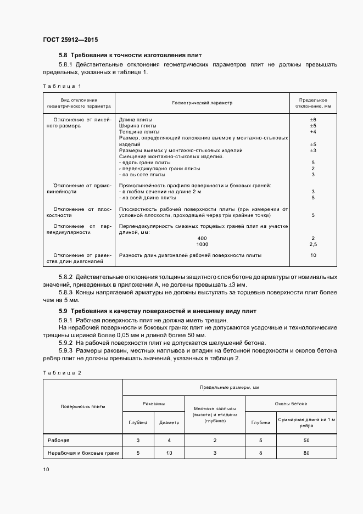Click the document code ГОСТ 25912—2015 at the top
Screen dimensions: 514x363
(70, 40)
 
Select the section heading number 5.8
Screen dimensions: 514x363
(63, 55)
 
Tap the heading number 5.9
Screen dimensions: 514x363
(63, 311)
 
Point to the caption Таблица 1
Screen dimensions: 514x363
(62, 86)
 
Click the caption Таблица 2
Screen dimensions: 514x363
(62, 373)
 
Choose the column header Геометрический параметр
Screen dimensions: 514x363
(202, 103)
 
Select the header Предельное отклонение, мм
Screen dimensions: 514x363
(312, 103)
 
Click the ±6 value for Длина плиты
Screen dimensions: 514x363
(312, 119)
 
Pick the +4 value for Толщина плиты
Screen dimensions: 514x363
(312, 132)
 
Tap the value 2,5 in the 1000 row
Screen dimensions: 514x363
(312, 244)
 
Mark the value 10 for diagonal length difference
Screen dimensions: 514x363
(312, 255)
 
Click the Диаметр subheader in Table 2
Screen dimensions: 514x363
(169, 422)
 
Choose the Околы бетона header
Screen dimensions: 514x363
(291, 404)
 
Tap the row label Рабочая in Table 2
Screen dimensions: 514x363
(58, 440)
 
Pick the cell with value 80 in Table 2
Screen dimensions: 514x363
(306, 453)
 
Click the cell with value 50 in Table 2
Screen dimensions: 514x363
(306, 440)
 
